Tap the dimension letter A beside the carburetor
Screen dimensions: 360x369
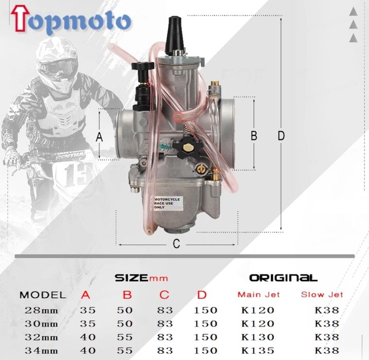(100, 137)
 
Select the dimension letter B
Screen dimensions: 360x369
(253, 135)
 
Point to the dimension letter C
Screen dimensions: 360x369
(177, 244)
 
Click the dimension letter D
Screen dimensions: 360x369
(281, 135)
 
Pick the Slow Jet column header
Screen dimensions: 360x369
(322, 295)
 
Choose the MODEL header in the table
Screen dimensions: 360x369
(42, 295)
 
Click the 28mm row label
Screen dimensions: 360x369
(41, 310)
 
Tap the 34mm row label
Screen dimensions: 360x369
(41, 350)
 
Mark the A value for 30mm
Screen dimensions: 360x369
(87, 323)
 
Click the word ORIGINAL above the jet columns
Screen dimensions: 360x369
(283, 278)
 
